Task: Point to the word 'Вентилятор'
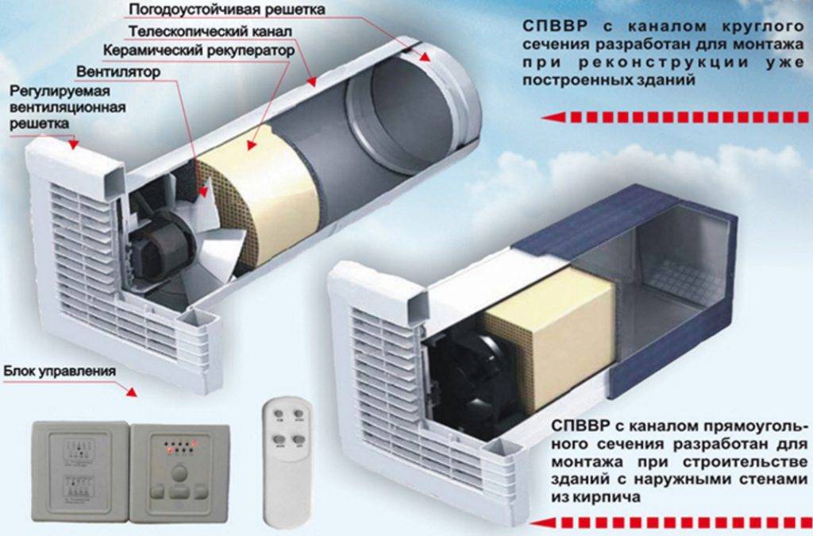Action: point(120,71)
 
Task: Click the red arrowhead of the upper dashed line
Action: point(548,118)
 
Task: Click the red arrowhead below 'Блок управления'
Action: point(131,391)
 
